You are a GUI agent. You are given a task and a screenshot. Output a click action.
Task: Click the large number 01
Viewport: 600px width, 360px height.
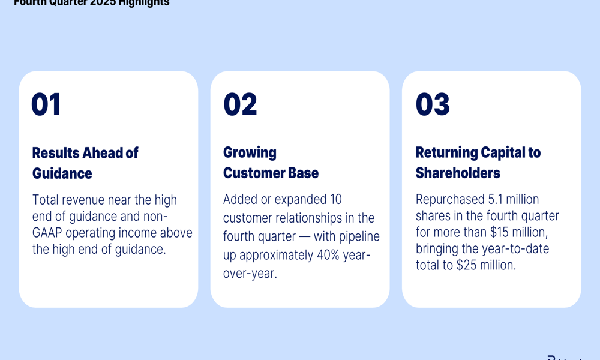pyautogui.click(x=46, y=104)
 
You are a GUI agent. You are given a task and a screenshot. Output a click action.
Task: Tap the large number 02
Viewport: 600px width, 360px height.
pyautogui.click(x=240, y=104)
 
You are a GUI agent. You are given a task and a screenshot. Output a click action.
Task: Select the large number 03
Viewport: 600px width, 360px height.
pyautogui.click(x=433, y=104)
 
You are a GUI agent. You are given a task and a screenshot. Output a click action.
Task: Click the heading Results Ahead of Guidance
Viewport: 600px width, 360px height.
pyautogui.click(x=85, y=163)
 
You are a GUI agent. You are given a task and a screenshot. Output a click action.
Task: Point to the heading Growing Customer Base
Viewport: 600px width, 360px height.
pyautogui.click(x=271, y=163)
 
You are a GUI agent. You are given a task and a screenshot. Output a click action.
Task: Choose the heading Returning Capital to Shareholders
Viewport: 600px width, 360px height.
pyautogui.click(x=478, y=163)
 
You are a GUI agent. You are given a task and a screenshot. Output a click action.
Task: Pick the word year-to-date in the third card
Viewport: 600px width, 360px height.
pyautogui.click(x=515, y=248)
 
